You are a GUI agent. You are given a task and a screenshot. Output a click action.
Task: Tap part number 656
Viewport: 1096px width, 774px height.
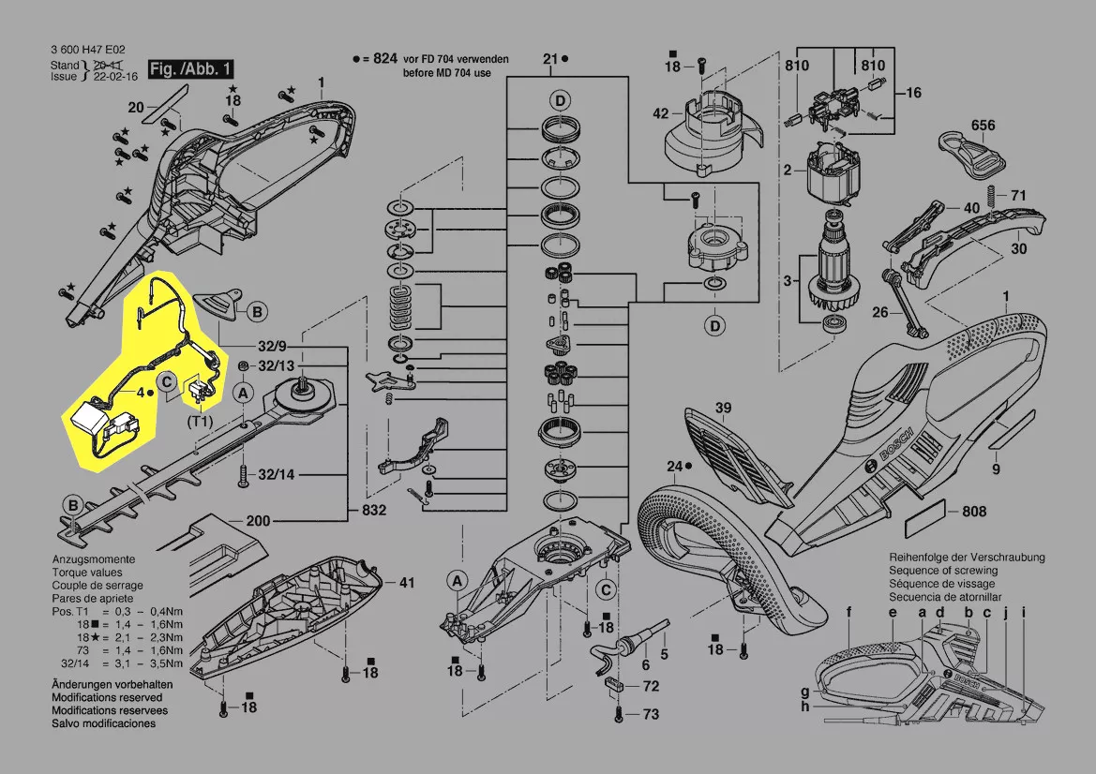point(983,125)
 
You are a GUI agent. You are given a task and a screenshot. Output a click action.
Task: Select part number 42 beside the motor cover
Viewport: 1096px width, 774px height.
point(661,113)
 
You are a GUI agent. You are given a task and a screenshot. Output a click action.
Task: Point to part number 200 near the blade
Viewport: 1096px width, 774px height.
point(258,520)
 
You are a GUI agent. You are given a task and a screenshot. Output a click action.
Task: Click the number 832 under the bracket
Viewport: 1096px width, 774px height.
point(374,510)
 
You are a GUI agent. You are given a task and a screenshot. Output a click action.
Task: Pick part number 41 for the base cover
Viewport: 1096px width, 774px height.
point(406,582)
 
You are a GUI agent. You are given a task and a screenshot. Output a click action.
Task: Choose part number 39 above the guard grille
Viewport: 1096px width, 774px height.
point(723,408)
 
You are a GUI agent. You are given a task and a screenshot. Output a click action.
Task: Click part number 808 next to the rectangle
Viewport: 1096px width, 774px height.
point(974,512)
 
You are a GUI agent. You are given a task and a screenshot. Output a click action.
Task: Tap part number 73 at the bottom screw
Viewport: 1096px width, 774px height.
point(651,714)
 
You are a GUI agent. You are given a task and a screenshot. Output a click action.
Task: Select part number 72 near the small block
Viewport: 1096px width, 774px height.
point(651,686)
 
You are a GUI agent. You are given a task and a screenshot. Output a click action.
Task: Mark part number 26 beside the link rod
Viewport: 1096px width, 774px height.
point(880,311)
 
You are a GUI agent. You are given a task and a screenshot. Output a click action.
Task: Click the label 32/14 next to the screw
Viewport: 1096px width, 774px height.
point(276,475)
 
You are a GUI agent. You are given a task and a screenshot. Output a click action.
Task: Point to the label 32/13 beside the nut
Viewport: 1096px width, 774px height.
point(276,366)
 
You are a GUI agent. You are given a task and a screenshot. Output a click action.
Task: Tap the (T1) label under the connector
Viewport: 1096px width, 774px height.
point(200,422)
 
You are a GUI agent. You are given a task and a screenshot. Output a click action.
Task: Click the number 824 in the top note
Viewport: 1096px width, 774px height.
point(385,59)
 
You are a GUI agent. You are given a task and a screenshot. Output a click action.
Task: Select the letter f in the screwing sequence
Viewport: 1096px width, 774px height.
point(849,613)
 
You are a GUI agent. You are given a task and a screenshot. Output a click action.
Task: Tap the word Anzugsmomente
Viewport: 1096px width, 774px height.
point(94,559)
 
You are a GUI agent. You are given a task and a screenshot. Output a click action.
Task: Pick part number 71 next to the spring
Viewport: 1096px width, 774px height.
point(1018,195)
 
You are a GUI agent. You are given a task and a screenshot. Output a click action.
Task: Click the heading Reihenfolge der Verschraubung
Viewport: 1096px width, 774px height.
point(967,558)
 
